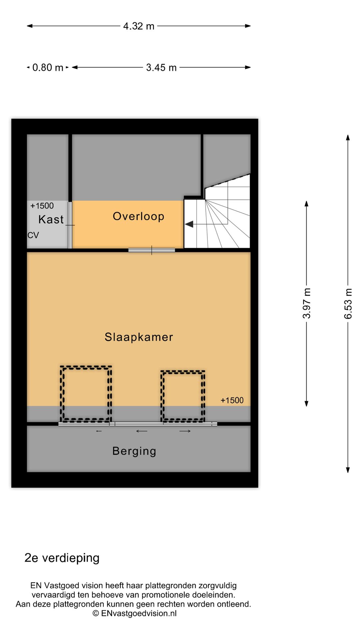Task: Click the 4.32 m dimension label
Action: click(139, 26)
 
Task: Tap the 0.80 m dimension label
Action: click(48, 68)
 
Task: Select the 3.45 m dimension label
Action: click(161, 68)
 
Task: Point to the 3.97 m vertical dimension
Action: click(307, 303)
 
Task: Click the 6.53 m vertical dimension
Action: click(348, 303)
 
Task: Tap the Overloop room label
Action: click(138, 216)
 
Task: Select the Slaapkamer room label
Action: click(139, 337)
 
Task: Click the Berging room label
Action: click(134, 451)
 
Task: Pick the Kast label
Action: click(51, 219)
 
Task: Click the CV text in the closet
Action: click(33, 235)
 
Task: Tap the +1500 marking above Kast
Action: click(42, 206)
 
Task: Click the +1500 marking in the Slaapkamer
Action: click(232, 400)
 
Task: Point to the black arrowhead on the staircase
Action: click(189, 224)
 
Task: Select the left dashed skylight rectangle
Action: click(86, 394)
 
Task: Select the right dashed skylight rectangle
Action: click(183, 396)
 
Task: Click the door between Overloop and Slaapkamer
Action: click(152, 250)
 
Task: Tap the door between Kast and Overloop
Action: click(70, 225)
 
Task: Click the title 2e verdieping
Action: click(62, 558)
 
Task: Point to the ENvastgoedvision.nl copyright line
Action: click(134, 613)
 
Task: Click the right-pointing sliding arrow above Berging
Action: click(185, 431)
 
